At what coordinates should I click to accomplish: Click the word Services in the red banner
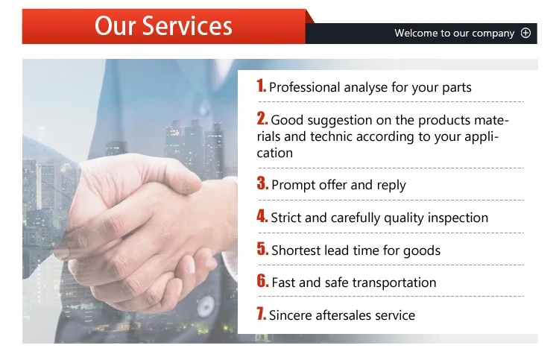click(x=187, y=26)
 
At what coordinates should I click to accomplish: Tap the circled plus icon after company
click(x=525, y=33)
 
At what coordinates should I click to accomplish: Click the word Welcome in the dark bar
click(x=416, y=33)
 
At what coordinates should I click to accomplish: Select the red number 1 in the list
click(x=262, y=86)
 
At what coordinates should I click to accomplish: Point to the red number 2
click(x=262, y=119)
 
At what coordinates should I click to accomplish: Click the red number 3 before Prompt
click(x=262, y=183)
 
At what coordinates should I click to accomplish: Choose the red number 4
click(x=262, y=216)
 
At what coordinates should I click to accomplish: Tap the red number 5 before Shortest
click(x=262, y=249)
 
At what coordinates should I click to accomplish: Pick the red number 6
click(x=262, y=281)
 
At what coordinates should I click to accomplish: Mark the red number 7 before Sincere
click(x=262, y=314)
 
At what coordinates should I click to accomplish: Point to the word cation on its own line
click(x=275, y=154)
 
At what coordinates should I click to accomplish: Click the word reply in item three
click(x=391, y=186)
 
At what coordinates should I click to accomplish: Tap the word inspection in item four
click(x=458, y=218)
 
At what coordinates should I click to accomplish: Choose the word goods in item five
click(x=422, y=251)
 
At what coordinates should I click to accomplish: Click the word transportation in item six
click(x=394, y=283)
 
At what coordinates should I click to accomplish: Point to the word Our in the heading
click(x=116, y=26)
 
